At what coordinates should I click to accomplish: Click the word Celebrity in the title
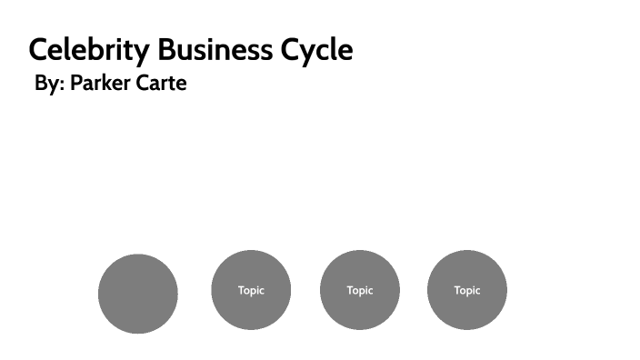coord(89,49)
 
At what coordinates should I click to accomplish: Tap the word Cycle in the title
coord(315,49)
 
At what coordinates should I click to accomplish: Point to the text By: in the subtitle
coord(49,84)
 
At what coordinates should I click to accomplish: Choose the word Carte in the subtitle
coord(162,84)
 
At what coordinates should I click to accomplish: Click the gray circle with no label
coord(137,293)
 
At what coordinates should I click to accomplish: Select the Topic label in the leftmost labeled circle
coord(251,291)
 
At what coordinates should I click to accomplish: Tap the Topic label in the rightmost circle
coord(467,291)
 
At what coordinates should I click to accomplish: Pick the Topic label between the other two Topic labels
coord(360,291)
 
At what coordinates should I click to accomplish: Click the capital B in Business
coord(166,49)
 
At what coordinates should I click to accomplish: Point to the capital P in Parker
coord(76,84)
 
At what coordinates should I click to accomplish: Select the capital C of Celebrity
coord(39,49)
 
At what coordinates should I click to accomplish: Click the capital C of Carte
coord(145,84)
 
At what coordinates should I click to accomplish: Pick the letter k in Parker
coord(107,84)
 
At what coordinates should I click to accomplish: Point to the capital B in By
coord(41,84)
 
